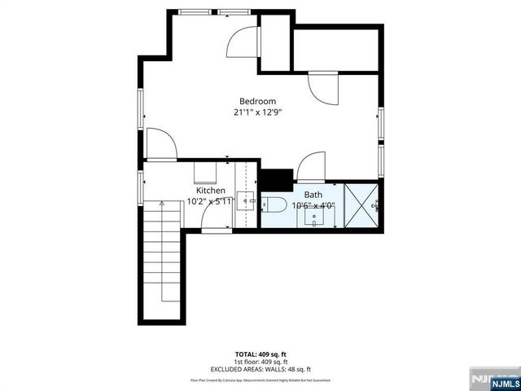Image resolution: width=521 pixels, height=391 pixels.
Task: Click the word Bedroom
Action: (x=256, y=101)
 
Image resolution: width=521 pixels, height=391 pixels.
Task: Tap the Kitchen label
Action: (x=210, y=191)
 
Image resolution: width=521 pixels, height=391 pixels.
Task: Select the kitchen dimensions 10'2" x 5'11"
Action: (x=210, y=200)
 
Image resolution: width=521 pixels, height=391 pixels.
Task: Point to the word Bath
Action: (x=313, y=195)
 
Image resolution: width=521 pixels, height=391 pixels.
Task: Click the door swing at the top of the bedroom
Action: (x=242, y=42)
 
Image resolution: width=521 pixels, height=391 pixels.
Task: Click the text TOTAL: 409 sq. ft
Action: (x=260, y=354)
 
